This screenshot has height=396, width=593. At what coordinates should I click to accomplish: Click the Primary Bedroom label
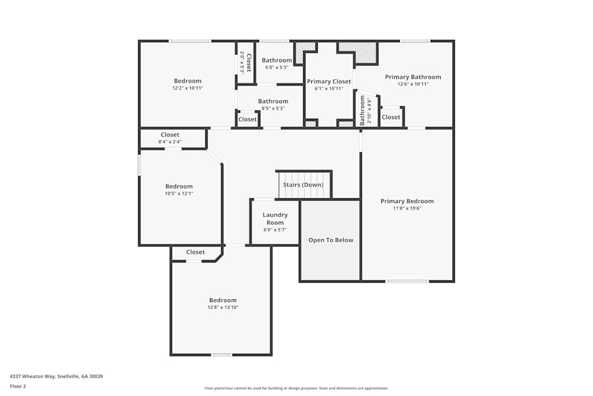[x=407, y=201]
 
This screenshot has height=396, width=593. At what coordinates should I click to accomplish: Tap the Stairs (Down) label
[x=303, y=185]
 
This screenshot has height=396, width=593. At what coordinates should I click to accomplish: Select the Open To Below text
[x=330, y=240]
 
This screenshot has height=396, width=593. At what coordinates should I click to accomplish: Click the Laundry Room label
[x=275, y=218]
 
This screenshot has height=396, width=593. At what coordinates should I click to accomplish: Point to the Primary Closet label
[x=329, y=81]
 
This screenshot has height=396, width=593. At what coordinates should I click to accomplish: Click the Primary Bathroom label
[x=413, y=77]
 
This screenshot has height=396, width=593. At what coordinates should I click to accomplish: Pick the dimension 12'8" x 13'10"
[x=222, y=308]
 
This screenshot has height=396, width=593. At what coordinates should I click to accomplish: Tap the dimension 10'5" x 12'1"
[x=178, y=194]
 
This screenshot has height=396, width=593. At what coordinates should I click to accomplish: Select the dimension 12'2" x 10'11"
[x=187, y=88]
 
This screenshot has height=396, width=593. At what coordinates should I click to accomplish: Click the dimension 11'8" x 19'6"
[x=407, y=208]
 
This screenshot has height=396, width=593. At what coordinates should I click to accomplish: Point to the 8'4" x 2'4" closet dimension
[x=170, y=142]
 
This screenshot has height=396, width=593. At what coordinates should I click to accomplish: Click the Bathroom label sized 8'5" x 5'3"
[x=273, y=102]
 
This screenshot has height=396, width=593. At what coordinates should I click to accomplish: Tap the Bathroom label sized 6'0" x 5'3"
[x=277, y=61]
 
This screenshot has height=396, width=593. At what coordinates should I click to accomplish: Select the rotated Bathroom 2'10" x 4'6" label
[x=363, y=110]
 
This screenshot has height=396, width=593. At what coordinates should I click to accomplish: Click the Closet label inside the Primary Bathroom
[x=391, y=118]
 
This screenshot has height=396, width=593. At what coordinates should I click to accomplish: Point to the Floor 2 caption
[x=18, y=386]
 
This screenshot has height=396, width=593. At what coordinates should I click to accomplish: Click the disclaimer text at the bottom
[x=296, y=388]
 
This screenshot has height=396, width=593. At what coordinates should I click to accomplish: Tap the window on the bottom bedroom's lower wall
[x=222, y=355]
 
